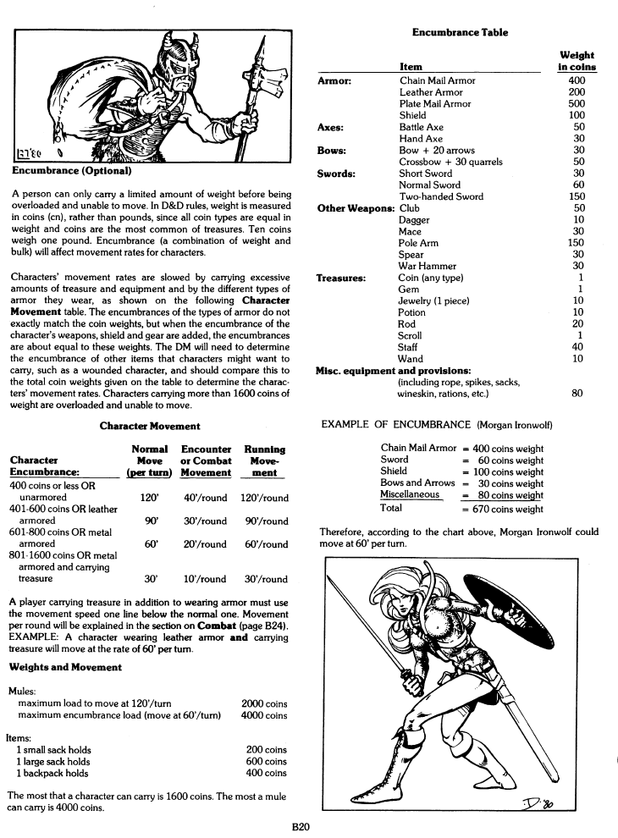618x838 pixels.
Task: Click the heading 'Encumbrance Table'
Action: tap(460, 32)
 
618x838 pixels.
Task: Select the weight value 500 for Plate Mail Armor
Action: tap(577, 104)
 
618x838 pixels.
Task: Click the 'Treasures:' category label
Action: tap(340, 278)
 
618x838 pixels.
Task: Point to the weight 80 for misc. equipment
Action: tap(577, 393)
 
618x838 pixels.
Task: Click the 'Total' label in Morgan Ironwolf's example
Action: tap(392, 508)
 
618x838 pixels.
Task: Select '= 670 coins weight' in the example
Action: tap(502, 509)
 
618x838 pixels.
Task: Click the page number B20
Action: tap(307, 827)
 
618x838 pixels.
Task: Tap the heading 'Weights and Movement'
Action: tap(65, 667)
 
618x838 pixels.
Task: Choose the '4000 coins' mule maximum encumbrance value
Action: tap(264, 715)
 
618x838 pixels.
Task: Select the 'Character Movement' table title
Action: tap(150, 427)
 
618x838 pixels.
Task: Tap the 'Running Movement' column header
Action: tap(264, 461)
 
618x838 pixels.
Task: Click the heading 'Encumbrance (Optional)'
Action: tap(71, 170)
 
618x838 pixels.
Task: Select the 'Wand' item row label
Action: tap(410, 358)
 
